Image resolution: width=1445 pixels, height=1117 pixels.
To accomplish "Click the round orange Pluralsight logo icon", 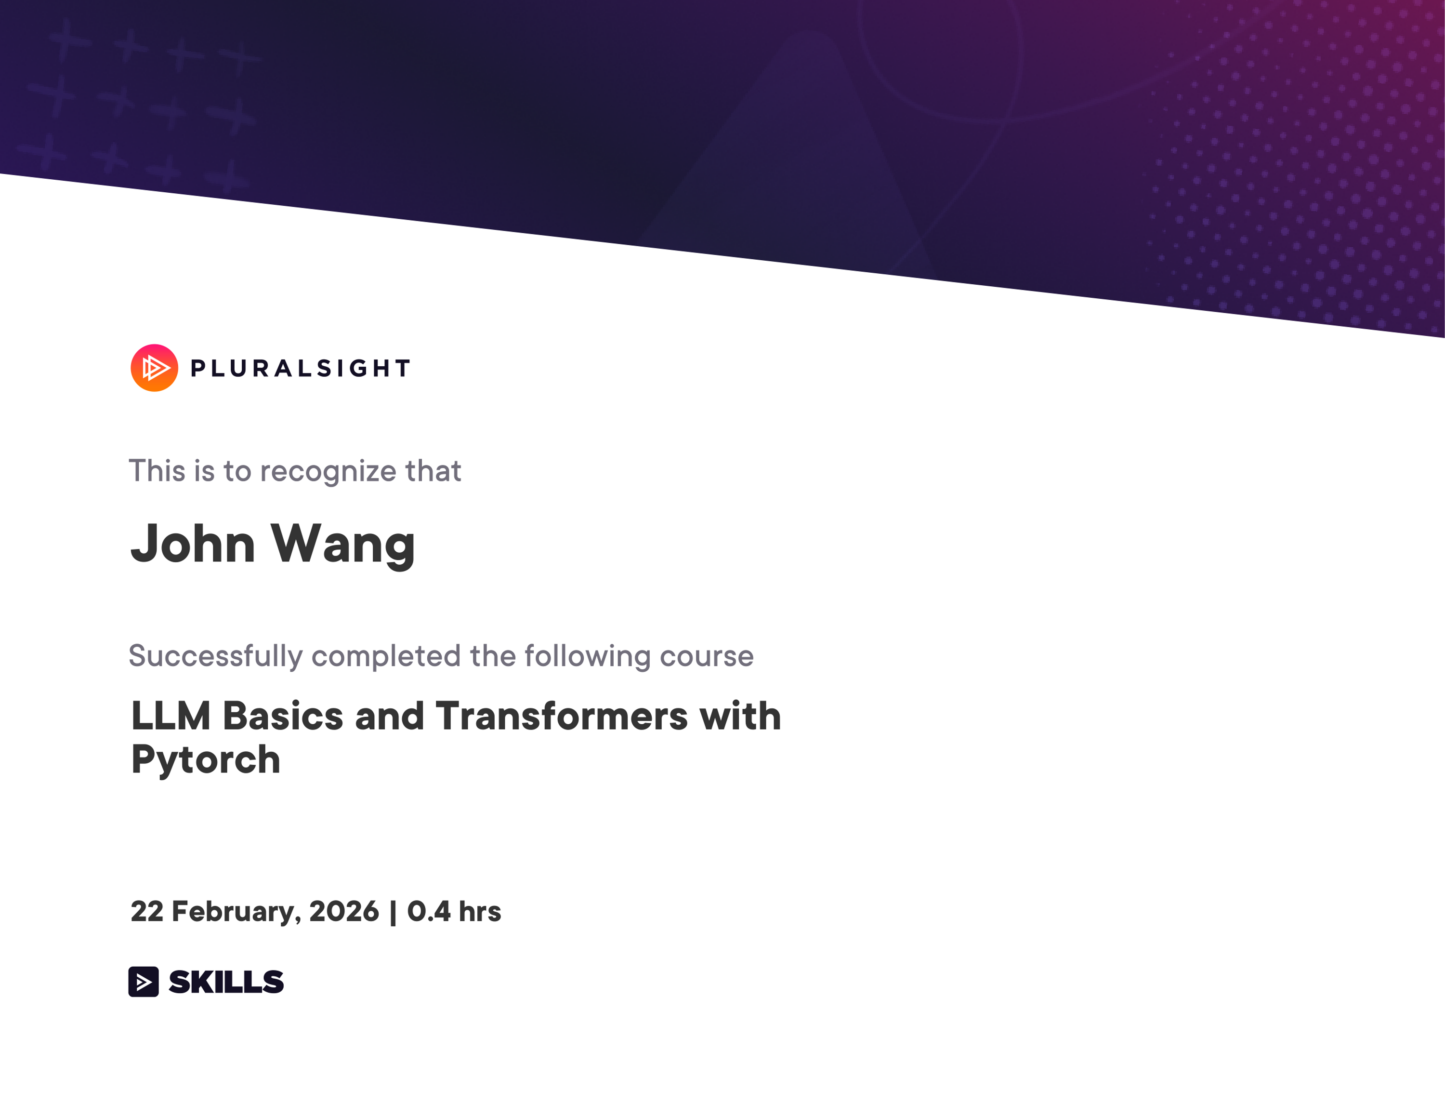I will click(154, 368).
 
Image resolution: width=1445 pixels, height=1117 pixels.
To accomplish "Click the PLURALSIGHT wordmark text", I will click(301, 369).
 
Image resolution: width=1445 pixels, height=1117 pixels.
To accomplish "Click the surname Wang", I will click(343, 544).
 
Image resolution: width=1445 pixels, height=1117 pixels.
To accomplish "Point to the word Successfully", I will click(216, 656).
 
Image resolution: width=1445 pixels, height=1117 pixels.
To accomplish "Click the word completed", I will click(386, 656).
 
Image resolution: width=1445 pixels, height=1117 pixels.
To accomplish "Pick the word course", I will click(706, 656).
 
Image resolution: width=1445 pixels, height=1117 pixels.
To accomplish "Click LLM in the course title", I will click(171, 717).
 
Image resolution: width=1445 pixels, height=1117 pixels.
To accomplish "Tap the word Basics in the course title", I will click(283, 717).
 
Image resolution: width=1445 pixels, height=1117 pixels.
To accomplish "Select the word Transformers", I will click(562, 717).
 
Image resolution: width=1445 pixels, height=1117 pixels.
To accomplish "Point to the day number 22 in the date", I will click(147, 912).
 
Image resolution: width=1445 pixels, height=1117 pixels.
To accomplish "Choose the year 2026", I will click(344, 912).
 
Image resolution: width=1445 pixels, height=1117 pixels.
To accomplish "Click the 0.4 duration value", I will click(428, 912).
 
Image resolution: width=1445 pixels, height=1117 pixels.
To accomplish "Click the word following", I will click(588, 656).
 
